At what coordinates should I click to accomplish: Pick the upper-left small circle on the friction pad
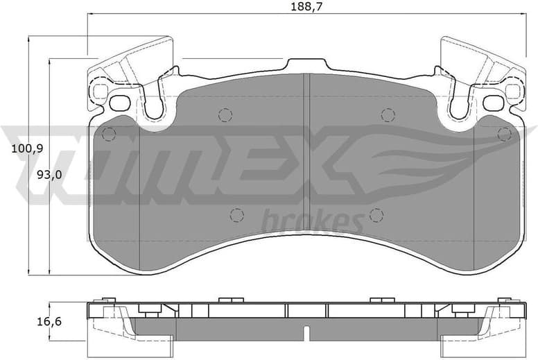[224, 114]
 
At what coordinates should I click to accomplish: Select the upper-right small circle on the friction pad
[388, 114]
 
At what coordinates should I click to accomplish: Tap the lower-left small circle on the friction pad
[236, 214]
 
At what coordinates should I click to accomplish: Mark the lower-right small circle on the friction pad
[376, 214]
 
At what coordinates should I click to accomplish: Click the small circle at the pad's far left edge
[107, 132]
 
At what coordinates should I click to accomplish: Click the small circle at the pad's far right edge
[505, 132]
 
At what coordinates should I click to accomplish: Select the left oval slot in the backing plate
[120, 103]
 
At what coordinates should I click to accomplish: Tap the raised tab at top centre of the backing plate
[306, 65]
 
